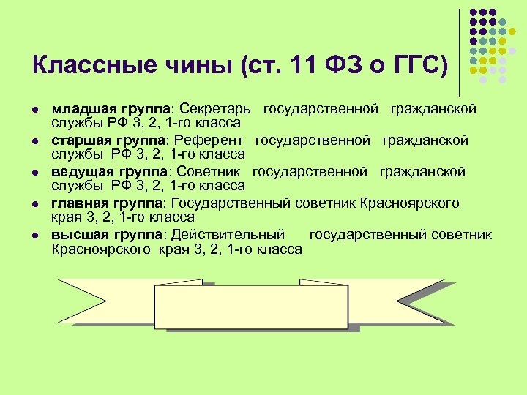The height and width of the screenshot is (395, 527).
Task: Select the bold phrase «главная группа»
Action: pos(100,203)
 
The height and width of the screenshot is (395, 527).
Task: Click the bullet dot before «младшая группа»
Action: pos(36,109)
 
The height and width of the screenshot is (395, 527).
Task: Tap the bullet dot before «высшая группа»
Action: pos(36,235)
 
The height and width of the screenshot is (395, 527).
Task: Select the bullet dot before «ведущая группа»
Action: pos(36,172)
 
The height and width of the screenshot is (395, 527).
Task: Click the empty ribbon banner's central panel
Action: pos(250,307)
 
